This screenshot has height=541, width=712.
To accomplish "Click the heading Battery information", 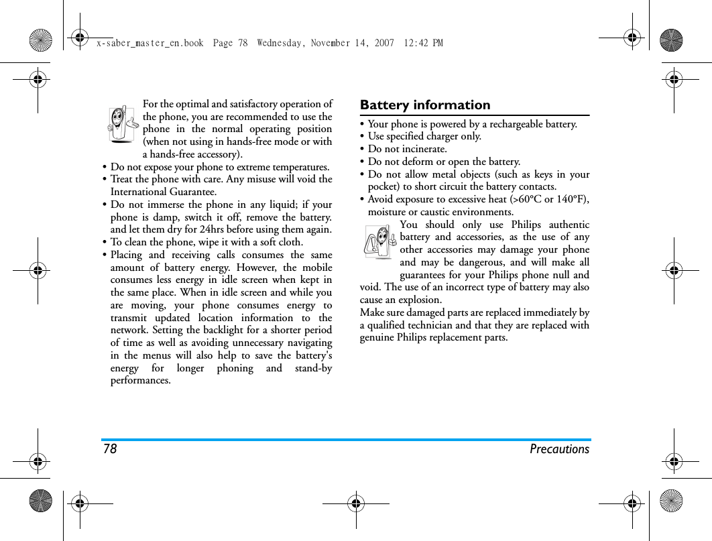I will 425,105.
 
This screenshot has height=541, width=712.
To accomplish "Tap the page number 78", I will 110,449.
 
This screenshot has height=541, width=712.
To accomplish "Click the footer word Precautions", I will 559,449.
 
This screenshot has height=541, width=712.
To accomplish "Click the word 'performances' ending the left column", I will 140,381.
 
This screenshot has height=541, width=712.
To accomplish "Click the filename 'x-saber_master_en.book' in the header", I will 150,44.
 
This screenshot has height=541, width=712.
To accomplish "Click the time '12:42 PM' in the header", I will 424,44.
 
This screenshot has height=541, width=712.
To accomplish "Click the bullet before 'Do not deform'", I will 362,162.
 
